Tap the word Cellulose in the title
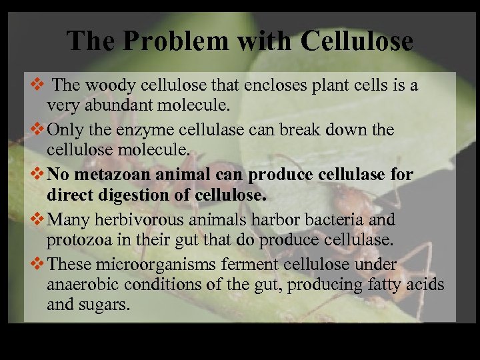pyautogui.click(x=357, y=41)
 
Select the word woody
pyautogui.click(x=102, y=85)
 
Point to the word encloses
pyautogui.click(x=259, y=85)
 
